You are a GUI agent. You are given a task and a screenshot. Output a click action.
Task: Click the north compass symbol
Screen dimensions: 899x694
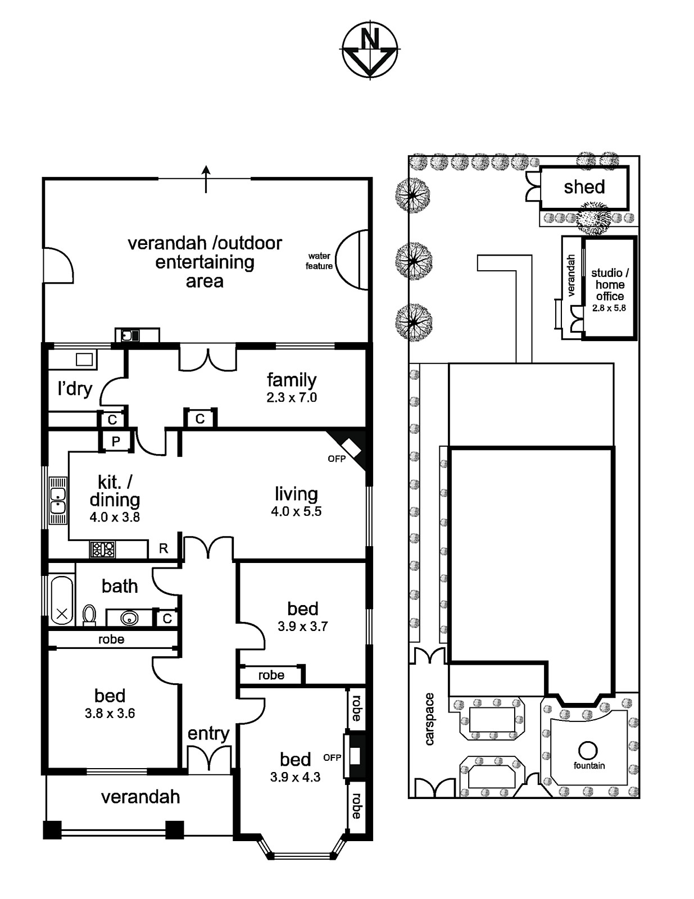[x=370, y=49]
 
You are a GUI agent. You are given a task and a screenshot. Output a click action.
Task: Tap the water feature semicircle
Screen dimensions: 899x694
[x=354, y=260]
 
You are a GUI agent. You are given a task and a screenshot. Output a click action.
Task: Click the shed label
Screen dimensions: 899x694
[x=584, y=187]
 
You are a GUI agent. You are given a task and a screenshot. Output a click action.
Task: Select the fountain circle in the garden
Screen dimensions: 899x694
[x=588, y=750]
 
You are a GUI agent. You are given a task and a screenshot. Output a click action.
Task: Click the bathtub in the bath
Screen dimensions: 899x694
[x=62, y=600]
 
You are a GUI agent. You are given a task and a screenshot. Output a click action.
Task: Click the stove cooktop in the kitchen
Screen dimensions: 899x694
[x=102, y=549]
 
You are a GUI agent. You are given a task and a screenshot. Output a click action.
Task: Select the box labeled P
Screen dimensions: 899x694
[x=116, y=442]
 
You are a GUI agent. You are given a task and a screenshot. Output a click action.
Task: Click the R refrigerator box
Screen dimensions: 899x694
[x=164, y=548]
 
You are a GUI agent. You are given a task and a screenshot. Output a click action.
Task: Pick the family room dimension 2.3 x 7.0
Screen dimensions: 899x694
[x=292, y=398]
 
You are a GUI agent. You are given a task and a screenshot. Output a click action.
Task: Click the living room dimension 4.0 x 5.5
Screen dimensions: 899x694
[x=296, y=512]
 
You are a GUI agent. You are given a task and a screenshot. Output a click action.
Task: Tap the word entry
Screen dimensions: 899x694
[x=208, y=733]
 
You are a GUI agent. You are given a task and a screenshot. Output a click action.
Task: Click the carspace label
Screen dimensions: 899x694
[x=430, y=719]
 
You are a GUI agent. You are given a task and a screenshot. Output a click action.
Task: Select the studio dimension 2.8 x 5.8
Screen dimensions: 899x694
[x=609, y=308]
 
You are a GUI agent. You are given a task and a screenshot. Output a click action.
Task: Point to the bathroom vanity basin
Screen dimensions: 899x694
[x=129, y=618]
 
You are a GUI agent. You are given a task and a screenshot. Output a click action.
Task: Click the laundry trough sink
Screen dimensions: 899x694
[x=84, y=360]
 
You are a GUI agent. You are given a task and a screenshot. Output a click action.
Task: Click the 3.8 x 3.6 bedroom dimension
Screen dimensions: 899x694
[x=110, y=714]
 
